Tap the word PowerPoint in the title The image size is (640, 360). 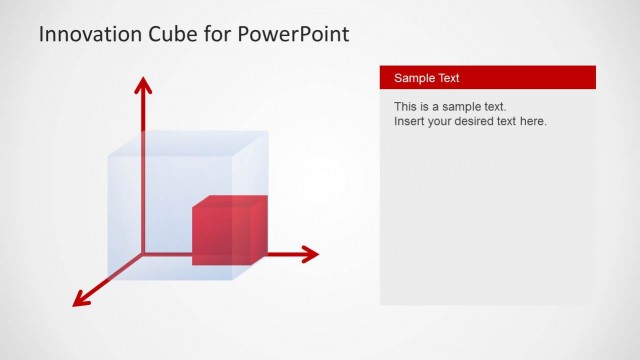coord(294,35)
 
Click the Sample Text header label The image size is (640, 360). coord(427,78)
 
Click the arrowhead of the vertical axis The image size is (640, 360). coord(144,84)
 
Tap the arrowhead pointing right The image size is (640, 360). coord(309,254)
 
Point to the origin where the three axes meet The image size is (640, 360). coord(144,254)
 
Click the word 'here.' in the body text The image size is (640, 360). coord(533,122)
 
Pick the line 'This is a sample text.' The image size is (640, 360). coord(450,106)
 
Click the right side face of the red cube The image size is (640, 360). coord(258,229)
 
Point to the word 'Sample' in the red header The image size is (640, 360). coord(413,78)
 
